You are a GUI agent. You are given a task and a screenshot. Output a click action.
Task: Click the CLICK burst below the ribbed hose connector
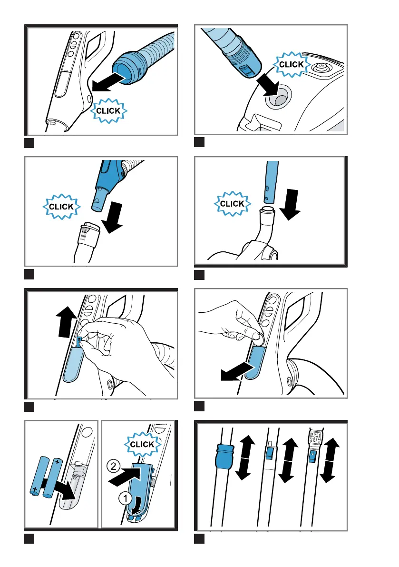tap(109, 110)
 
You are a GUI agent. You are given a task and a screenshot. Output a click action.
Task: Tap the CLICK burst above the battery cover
tap(142, 444)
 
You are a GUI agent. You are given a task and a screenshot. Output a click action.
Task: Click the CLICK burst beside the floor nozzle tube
tap(232, 204)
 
